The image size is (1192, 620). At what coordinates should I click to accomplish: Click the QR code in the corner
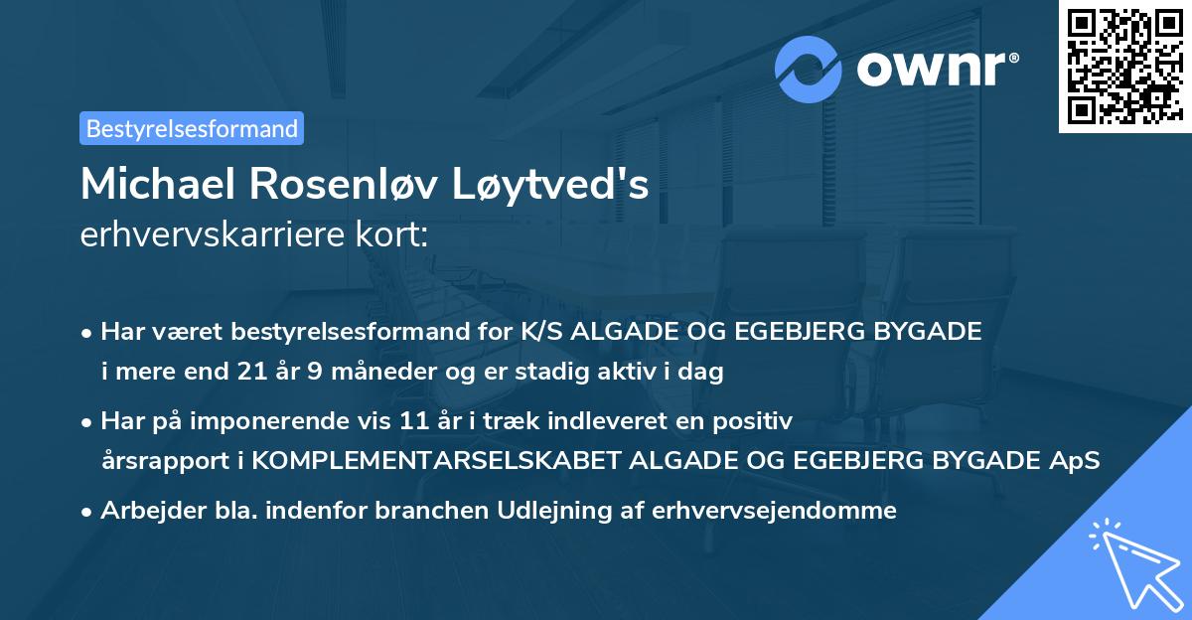click(x=1123, y=66)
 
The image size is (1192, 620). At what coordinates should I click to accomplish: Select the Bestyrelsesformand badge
click(x=192, y=128)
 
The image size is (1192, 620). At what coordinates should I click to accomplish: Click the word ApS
click(x=1076, y=460)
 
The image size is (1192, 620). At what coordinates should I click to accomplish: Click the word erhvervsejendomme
click(x=774, y=511)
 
